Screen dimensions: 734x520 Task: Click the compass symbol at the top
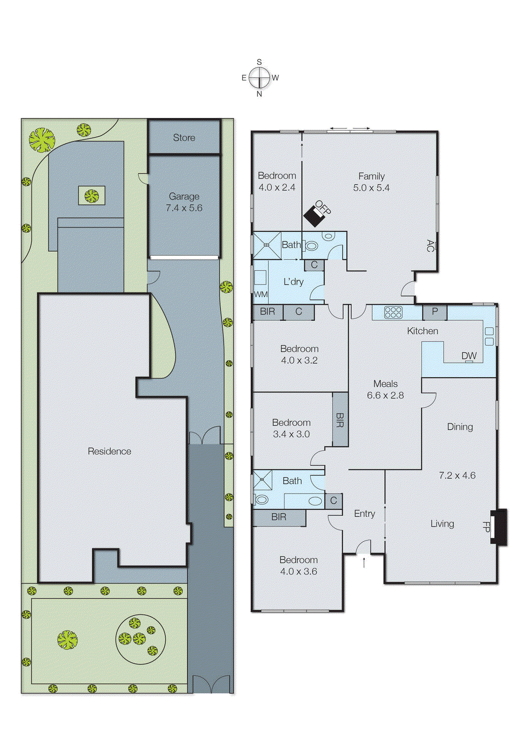259,78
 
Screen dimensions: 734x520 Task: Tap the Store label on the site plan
184,138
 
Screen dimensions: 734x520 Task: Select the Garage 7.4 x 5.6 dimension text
184,208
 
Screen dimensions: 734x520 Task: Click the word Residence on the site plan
109,451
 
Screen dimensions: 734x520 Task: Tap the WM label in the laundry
261,295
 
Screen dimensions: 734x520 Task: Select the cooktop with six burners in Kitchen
393,312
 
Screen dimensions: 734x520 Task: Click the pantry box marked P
435,312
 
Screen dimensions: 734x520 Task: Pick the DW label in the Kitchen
469,356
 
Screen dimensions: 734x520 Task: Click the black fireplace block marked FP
500,527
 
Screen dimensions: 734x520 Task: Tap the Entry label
364,514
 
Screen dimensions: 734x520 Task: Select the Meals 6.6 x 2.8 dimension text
385,395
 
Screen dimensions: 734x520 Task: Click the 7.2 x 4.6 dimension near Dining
457,476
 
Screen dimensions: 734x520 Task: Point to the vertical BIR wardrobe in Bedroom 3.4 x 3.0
340,419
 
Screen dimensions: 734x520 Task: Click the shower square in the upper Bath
266,245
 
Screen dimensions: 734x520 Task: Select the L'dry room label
293,282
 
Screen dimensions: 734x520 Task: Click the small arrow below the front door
364,562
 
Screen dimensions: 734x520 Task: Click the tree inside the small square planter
92,196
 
